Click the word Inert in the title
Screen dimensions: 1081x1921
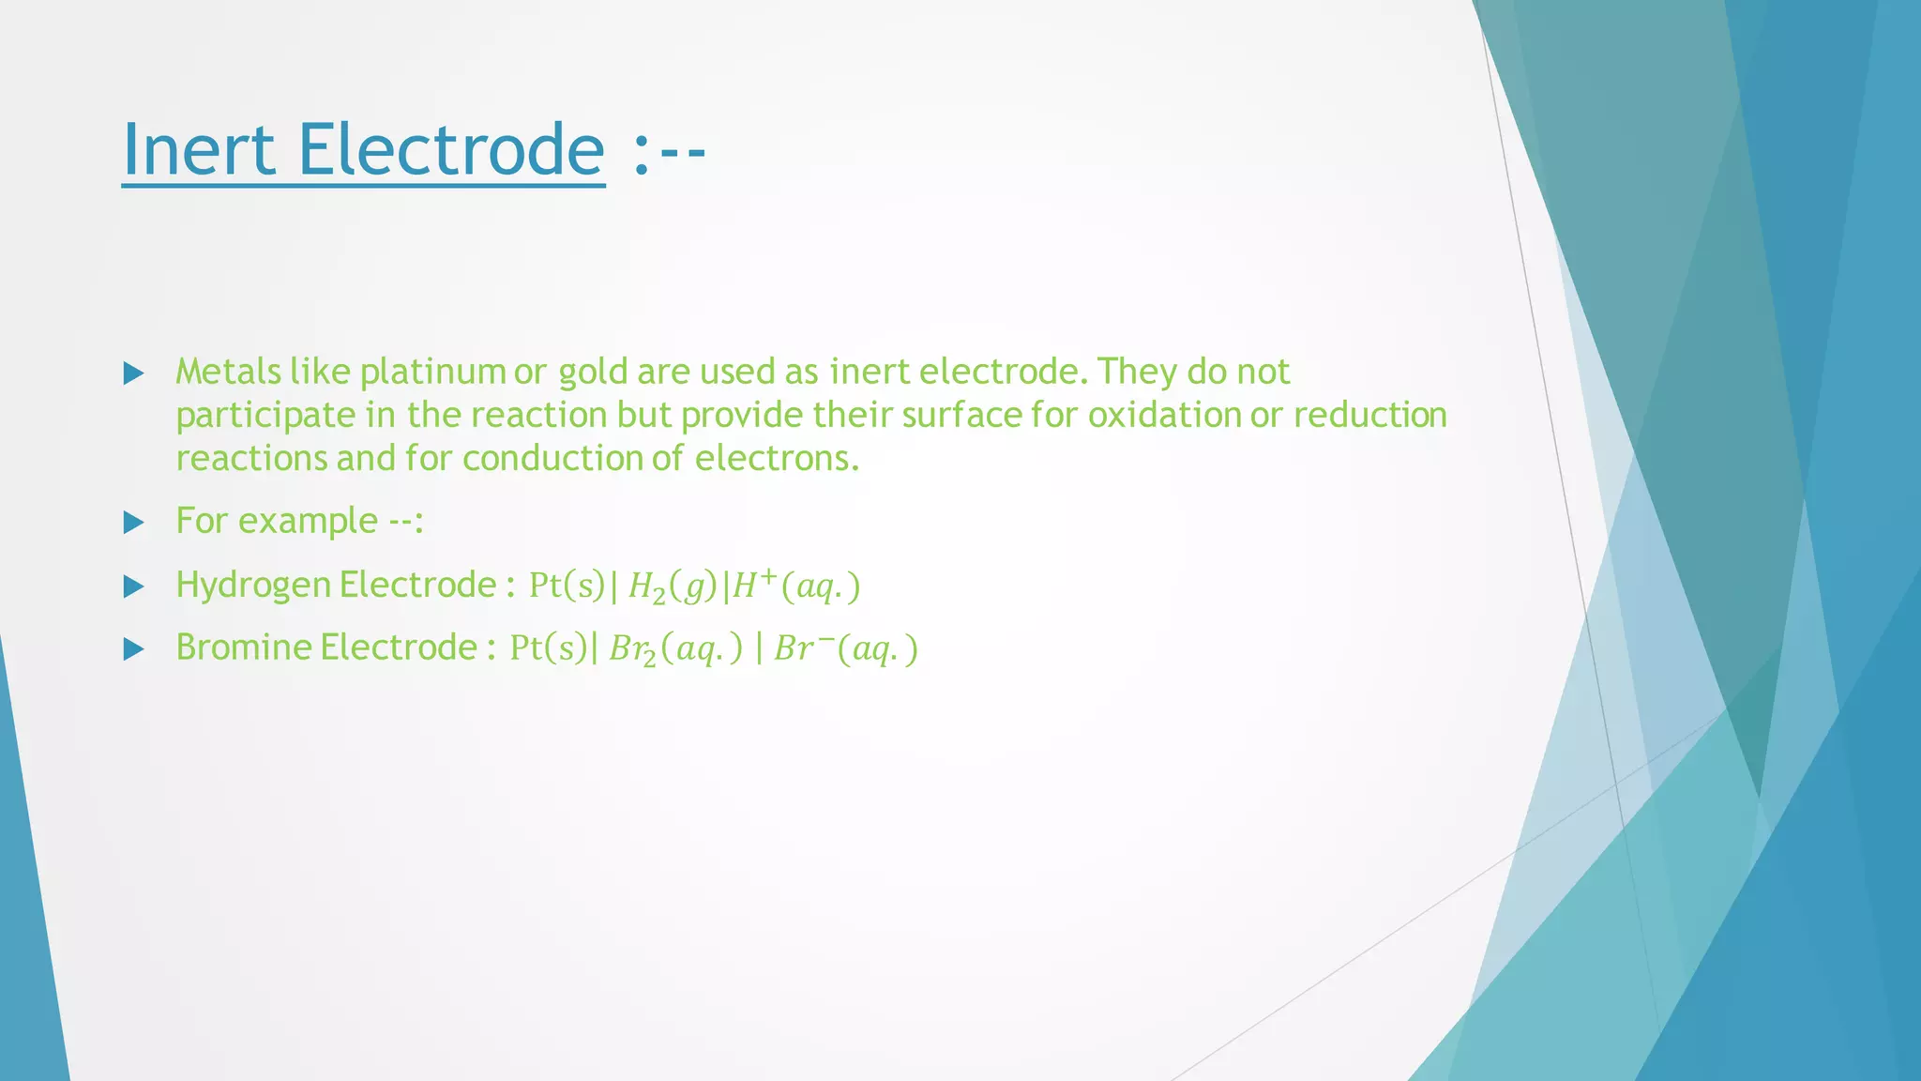198,150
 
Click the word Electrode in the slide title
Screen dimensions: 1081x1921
451,150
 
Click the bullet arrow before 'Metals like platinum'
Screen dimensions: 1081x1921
133,373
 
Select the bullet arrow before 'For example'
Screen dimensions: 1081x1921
133,523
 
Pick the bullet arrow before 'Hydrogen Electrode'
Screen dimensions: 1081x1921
133,587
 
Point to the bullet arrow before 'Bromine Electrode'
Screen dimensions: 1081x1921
133,649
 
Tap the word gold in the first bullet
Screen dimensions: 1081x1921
595,373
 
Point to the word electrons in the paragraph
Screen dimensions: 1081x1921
776,459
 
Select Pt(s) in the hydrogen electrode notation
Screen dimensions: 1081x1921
567,586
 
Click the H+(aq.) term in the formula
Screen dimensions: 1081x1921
795,586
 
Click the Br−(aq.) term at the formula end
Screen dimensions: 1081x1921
845,649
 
